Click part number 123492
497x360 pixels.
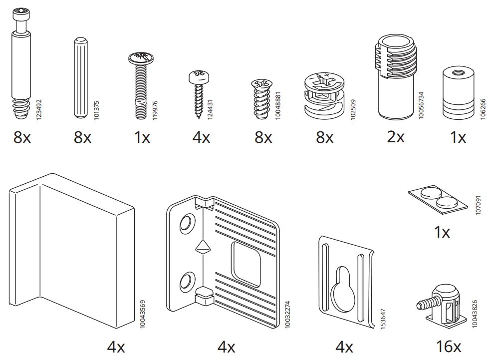[39, 109]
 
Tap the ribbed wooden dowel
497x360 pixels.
[80, 78]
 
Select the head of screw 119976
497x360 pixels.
[141, 58]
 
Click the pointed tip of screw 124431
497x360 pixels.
[199, 117]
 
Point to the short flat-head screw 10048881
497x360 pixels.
[262, 99]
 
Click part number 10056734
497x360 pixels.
[421, 105]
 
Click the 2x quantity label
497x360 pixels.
[396, 137]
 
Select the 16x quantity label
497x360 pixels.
[449, 347]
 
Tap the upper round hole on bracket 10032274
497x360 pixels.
[186, 223]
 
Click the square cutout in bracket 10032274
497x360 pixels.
[246, 264]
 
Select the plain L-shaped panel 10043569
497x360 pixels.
[72, 250]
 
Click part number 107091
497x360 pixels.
[479, 205]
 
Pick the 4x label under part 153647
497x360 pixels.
[344, 347]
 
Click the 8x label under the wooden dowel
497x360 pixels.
[82, 137]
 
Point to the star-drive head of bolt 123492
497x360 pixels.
[21, 14]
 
